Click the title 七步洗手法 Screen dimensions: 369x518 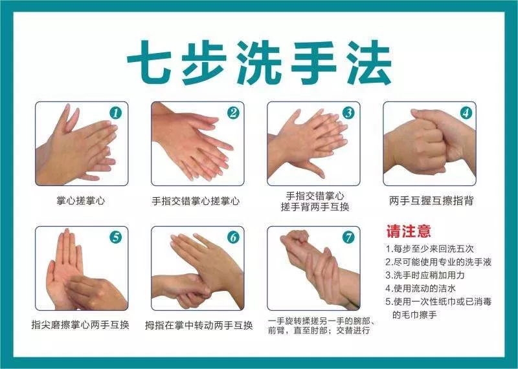click(x=259, y=63)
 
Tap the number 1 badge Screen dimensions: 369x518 click(x=117, y=113)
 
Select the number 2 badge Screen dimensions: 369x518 click(x=232, y=113)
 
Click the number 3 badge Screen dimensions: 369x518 click(x=348, y=113)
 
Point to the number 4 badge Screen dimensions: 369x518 click(x=465, y=113)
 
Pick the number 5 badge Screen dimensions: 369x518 click(x=117, y=237)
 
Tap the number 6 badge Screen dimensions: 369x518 click(x=232, y=237)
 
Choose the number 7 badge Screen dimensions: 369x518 click(x=348, y=237)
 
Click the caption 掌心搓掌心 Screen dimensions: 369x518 click(x=81, y=200)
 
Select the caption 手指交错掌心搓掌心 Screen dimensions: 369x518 click(x=196, y=200)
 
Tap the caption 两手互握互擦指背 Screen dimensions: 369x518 click(x=431, y=200)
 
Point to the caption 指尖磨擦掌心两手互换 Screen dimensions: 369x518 click(x=81, y=324)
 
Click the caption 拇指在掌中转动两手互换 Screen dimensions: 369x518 click(x=198, y=324)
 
